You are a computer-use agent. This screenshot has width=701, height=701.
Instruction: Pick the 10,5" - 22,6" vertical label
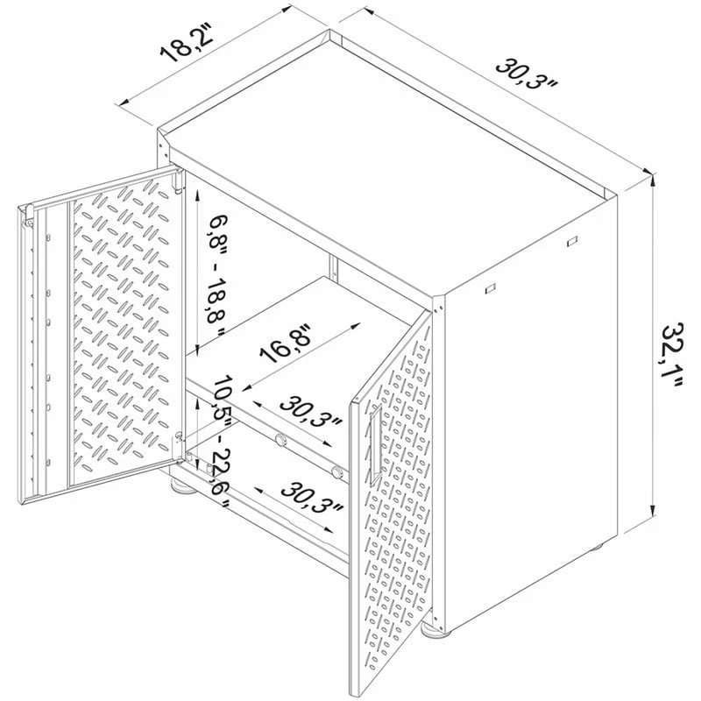click(219, 441)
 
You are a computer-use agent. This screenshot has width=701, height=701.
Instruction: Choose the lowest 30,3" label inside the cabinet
click(313, 497)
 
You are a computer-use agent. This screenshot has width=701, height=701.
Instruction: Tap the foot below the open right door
click(435, 628)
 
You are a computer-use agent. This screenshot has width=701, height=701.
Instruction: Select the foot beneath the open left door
click(182, 485)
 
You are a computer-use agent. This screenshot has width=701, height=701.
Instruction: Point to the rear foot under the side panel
click(598, 546)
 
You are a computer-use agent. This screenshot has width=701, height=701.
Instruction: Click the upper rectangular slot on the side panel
click(572, 242)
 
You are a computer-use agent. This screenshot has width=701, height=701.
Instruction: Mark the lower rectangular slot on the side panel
click(490, 288)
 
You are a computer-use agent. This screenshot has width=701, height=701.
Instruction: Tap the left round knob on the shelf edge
click(280, 440)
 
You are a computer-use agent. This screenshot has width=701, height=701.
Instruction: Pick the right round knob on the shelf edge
click(337, 471)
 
